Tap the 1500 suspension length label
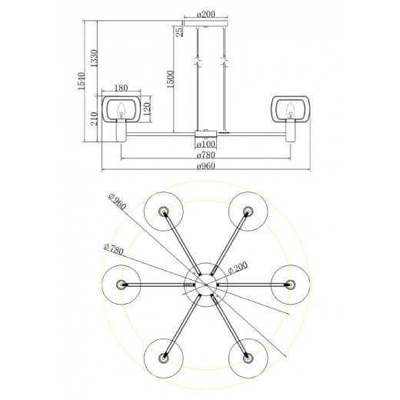170,78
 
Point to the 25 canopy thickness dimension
178,32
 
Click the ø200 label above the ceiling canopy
205,13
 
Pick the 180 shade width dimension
121,88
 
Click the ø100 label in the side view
205,144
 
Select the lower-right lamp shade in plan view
246,358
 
